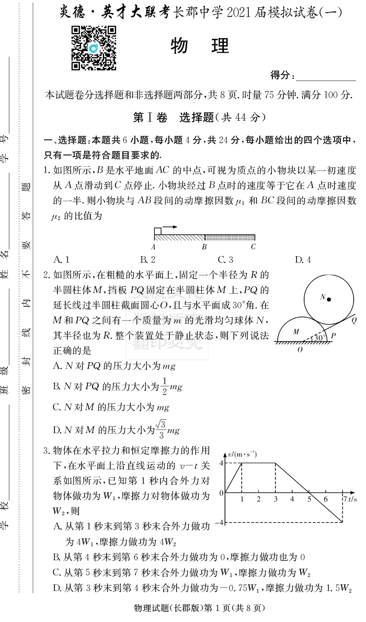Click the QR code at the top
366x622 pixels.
(93, 48)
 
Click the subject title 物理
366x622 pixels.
(200, 47)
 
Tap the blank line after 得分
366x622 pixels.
(326, 76)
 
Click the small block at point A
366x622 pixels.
(157, 232)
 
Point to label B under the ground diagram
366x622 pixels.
(204, 247)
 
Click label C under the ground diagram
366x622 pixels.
(253, 247)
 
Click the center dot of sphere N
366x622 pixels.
(329, 298)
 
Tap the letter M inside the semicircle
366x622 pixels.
(296, 331)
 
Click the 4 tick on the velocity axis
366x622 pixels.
(222, 463)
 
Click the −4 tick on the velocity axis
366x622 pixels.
(220, 523)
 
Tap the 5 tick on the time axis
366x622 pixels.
(309, 500)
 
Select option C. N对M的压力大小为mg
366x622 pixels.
(111, 407)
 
